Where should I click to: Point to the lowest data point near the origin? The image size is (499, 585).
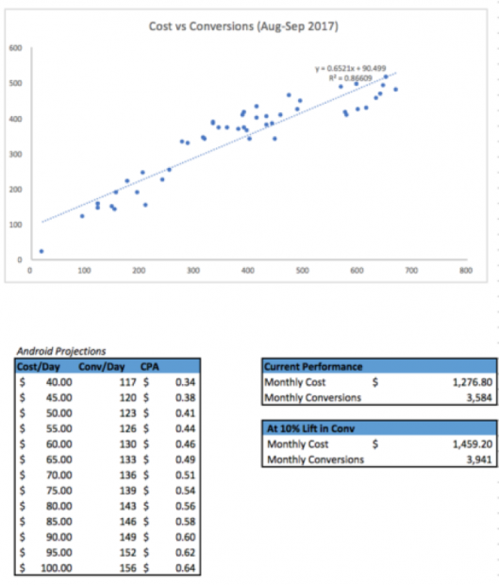pos(42,251)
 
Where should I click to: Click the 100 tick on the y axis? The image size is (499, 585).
pos(15,225)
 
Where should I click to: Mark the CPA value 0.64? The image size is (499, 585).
pos(185,569)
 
